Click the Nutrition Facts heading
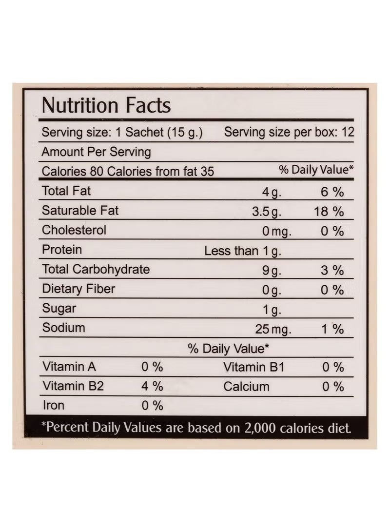point(106,106)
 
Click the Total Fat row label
point(66,191)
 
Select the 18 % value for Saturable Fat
point(332,212)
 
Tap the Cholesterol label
point(74,230)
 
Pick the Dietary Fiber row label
point(78,289)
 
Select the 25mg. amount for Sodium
point(273,329)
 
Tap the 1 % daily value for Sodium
point(332,329)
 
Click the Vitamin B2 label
point(73,387)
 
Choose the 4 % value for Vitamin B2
point(152,387)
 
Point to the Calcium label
point(246,387)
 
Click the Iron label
point(53,405)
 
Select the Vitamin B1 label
point(253,367)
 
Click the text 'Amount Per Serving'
point(96,152)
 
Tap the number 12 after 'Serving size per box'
point(348,133)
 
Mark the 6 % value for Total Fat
point(332,192)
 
